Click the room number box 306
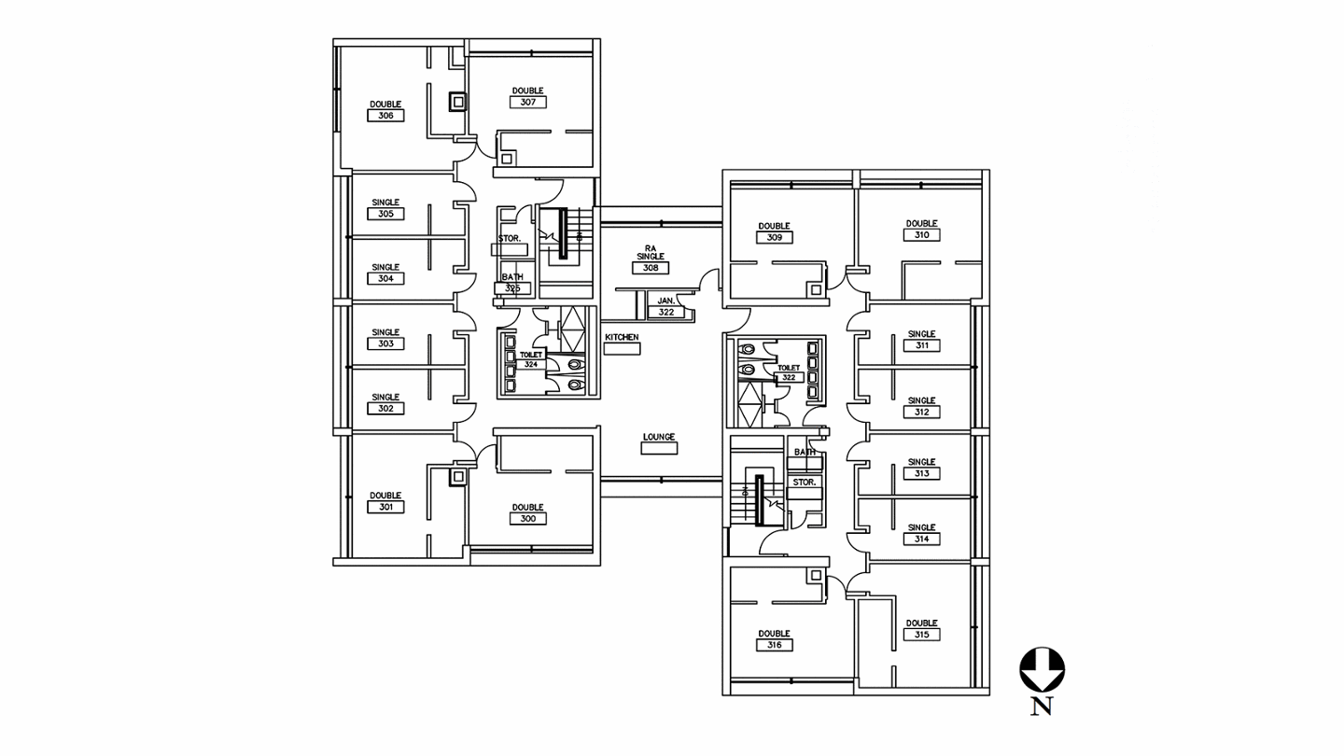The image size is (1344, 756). [385, 116]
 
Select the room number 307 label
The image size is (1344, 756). [528, 103]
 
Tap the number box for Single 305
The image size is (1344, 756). [385, 214]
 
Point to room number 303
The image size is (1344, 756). [385, 343]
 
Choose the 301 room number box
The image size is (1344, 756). [385, 507]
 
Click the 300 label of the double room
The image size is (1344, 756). [528, 519]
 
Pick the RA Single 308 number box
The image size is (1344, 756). [651, 268]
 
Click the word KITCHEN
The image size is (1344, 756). [622, 337]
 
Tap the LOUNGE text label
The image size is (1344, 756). [659, 437]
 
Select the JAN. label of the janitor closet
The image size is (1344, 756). [665, 301]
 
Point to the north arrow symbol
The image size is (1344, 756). [1042, 669]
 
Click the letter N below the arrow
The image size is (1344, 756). [1042, 707]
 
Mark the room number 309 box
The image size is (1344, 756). [775, 237]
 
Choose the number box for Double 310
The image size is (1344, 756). [921, 235]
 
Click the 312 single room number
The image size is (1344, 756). [921, 412]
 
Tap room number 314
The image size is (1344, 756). [921, 539]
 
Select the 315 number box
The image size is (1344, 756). [921, 635]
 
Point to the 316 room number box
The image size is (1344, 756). [775, 645]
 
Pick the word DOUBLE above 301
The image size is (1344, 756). [385, 496]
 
